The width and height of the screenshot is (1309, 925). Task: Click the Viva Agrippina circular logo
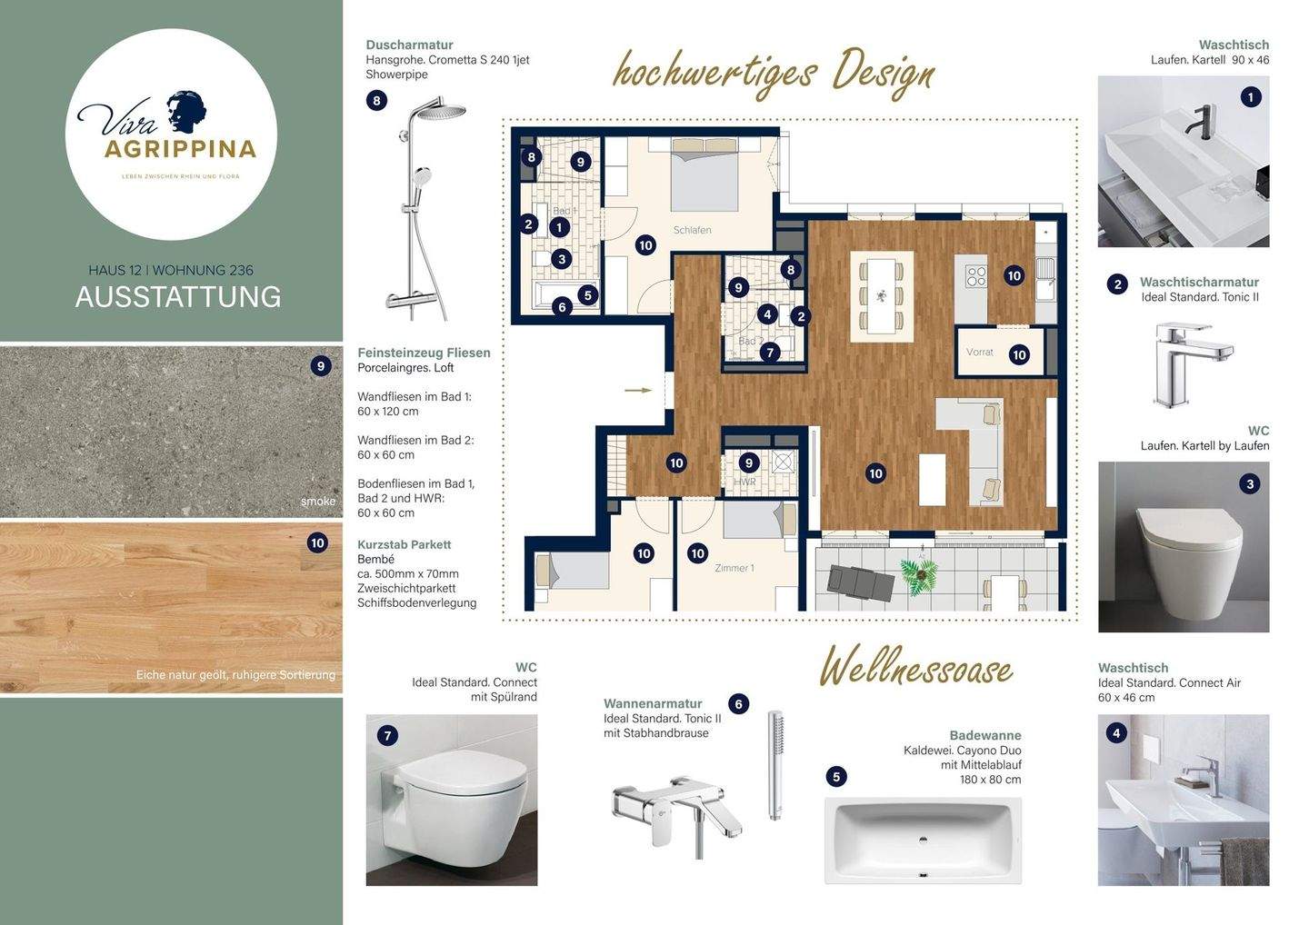click(x=171, y=134)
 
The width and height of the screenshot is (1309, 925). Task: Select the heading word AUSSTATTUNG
click(x=178, y=297)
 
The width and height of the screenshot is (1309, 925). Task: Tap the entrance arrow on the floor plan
click(x=638, y=390)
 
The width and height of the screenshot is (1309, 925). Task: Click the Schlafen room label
click(x=692, y=230)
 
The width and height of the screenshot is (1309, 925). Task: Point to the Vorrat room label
click(x=979, y=352)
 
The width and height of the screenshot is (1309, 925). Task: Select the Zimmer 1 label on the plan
click(x=734, y=568)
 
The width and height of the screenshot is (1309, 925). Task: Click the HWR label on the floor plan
click(x=744, y=482)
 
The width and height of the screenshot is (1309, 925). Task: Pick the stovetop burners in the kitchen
click(x=975, y=275)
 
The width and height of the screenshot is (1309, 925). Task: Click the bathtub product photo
click(x=923, y=840)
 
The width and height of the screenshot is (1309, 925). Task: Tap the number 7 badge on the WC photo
click(x=388, y=735)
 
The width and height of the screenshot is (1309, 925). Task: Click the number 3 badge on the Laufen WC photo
click(x=1250, y=483)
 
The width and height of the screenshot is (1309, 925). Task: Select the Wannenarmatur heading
click(x=653, y=703)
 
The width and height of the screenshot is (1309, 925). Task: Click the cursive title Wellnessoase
click(x=916, y=668)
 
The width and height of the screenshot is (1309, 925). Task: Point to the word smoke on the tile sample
click(x=318, y=502)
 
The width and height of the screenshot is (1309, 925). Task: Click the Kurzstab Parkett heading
click(x=404, y=544)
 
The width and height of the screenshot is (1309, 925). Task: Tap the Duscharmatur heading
click(x=409, y=45)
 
